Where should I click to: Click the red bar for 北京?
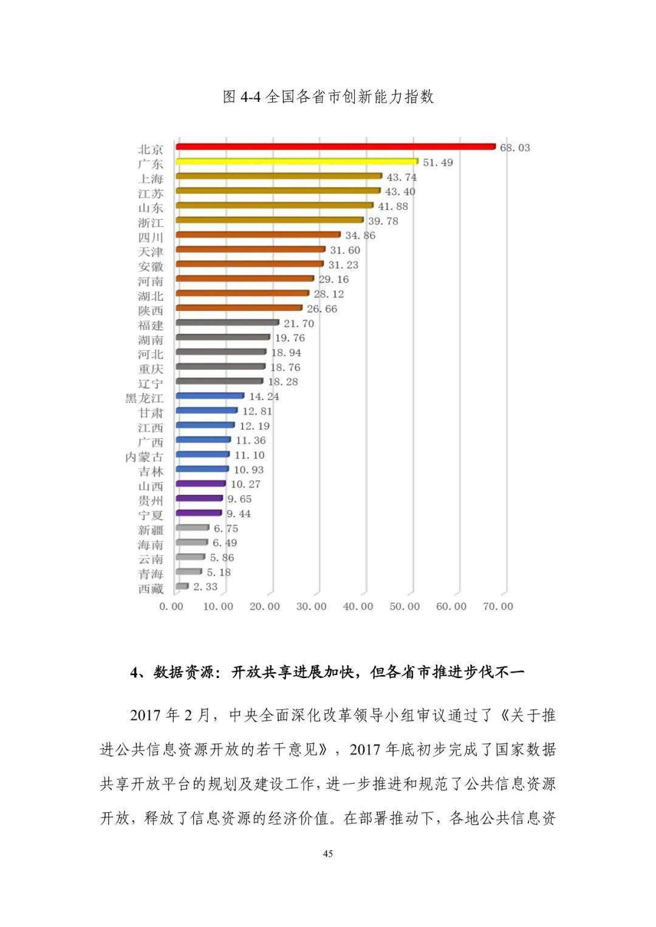[335, 147]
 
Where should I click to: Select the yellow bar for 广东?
[296, 161]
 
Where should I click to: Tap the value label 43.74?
[401, 177]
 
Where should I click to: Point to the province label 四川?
[151, 237]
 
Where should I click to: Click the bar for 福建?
[227, 323]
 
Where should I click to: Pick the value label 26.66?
[322, 309]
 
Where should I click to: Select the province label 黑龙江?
[145, 398]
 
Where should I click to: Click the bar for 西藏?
[182, 586]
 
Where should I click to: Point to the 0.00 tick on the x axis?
[171, 606]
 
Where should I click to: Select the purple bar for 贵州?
[199, 498]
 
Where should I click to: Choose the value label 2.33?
[205, 587]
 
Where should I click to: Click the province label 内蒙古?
[145, 457]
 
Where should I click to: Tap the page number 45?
[328, 854]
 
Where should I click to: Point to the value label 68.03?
[515, 148]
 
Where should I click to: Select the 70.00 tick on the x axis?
[498, 606]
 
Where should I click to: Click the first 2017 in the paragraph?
[146, 716]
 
